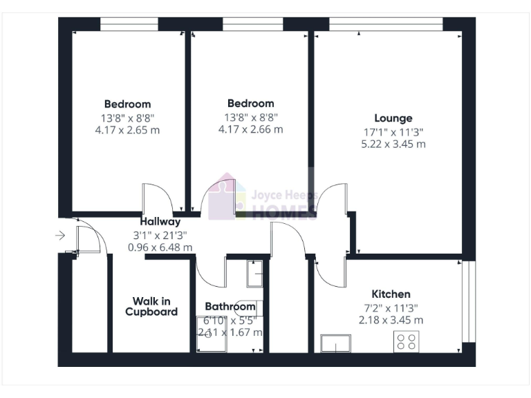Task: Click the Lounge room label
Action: [x=393, y=118]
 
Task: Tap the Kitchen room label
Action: [x=391, y=294]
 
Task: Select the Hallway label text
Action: [x=160, y=222]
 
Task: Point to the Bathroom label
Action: [x=230, y=307]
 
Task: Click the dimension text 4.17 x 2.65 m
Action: [x=127, y=130]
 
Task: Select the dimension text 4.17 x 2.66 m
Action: [x=250, y=129]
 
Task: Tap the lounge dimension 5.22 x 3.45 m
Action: [x=393, y=144]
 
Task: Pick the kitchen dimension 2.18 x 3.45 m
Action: [x=391, y=320]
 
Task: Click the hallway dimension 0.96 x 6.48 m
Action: [x=160, y=247]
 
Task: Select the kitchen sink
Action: [x=335, y=343]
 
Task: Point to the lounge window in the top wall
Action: [x=385, y=24]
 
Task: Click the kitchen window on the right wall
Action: [x=469, y=301]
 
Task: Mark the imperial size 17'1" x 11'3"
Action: [x=393, y=131]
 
